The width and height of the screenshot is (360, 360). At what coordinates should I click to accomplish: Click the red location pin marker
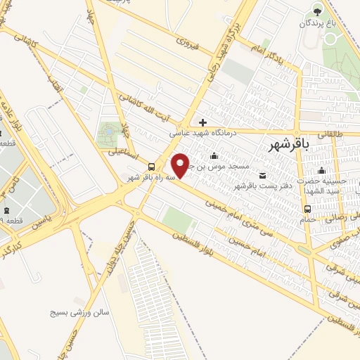[x=181, y=165]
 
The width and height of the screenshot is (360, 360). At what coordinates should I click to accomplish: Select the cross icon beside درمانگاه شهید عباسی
[x=202, y=122]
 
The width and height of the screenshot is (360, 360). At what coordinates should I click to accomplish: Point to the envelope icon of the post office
[x=263, y=174]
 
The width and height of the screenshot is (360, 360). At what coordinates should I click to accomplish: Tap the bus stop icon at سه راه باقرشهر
[x=151, y=167]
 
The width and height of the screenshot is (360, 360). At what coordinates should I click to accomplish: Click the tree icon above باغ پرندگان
[x=318, y=11]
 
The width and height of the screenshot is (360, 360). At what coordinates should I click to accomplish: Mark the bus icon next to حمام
[x=307, y=209]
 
